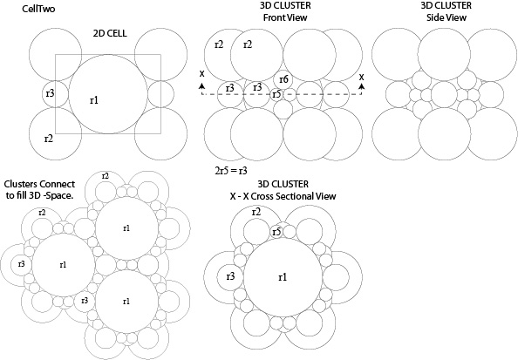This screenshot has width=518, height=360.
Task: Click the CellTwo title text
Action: pos(38,9)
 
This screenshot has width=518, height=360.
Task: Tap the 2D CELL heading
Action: pos(110,33)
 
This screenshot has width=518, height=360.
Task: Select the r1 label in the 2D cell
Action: pos(94,100)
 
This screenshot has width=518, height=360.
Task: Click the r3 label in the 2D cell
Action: pos(50,93)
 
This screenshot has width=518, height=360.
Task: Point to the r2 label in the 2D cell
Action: pos(49,139)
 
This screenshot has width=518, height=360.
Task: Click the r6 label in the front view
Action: pos(283,79)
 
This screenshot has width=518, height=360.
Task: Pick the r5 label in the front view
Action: pos(276,94)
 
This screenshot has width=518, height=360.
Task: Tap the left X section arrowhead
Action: pos(201,86)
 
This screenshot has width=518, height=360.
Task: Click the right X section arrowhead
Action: pos(362,86)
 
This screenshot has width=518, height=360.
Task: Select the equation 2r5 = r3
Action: pos(231,171)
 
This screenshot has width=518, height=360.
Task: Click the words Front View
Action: pos(285,17)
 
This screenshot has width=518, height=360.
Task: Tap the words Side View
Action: pos(446,17)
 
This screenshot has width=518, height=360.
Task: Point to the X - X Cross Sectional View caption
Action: pos(283,196)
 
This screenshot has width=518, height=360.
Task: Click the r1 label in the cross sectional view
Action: pos(283,277)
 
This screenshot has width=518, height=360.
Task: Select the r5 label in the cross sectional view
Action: pos(276,232)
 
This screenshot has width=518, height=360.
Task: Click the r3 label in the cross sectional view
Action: pos(230,276)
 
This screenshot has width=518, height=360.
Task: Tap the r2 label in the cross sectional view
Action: pos(256,212)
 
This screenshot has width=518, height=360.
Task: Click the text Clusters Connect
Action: pos(39,184)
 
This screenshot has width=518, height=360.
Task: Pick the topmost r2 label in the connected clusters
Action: pos(105,176)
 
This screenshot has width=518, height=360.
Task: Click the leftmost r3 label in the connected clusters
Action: pos(21,264)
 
